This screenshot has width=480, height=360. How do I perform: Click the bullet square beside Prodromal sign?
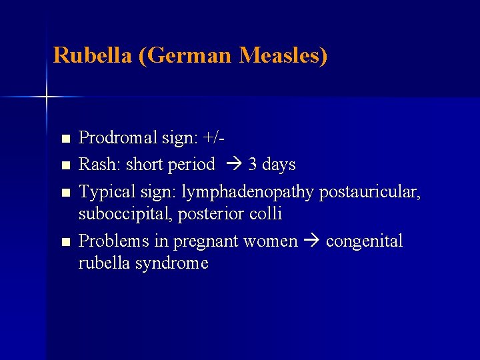(x=64, y=139)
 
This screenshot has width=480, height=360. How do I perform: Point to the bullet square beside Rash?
(x=64, y=165)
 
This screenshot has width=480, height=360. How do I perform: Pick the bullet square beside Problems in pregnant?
(x=64, y=242)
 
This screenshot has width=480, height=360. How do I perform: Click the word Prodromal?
(x=118, y=139)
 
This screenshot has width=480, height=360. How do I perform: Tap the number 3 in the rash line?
(x=253, y=165)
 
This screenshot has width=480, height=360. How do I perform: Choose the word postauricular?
(x=370, y=193)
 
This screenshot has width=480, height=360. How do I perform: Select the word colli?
(x=265, y=215)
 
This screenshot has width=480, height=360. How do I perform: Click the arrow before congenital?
(x=311, y=241)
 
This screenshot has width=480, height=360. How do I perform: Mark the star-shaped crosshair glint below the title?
(x=47, y=97)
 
